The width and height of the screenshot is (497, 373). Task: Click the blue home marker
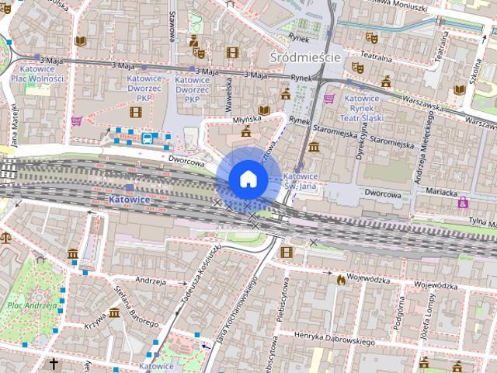(248, 179)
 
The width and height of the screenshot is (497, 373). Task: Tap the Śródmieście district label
(304, 58)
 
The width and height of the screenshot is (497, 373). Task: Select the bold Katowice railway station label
(129, 200)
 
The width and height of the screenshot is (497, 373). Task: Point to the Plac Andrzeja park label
(32, 305)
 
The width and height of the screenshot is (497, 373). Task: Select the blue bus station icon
(148, 138)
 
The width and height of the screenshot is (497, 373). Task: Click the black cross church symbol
(54, 364)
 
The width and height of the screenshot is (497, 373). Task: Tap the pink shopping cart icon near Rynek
(329, 99)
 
